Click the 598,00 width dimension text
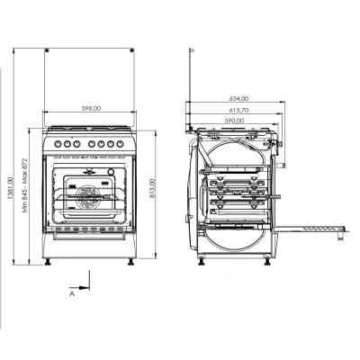click(90, 109)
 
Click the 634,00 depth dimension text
click(238, 97)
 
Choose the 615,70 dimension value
click(238, 108)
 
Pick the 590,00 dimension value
click(234, 120)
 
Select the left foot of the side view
click(199, 262)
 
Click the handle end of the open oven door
click(343, 237)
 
